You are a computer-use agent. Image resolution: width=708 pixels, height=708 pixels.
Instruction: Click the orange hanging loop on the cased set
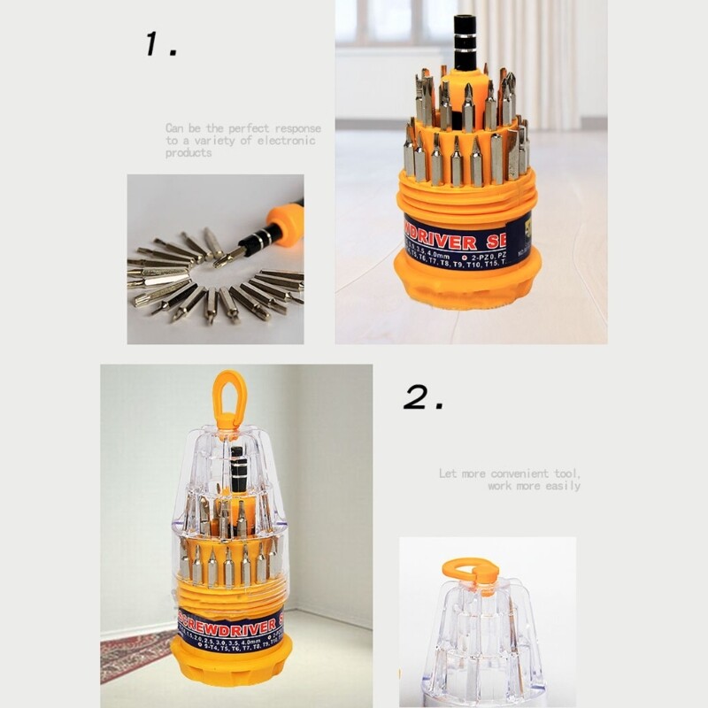(229, 394)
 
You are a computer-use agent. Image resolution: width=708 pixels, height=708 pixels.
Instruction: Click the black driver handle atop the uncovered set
(465, 44)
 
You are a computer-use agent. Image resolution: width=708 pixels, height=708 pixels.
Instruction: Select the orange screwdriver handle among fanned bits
(285, 221)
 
